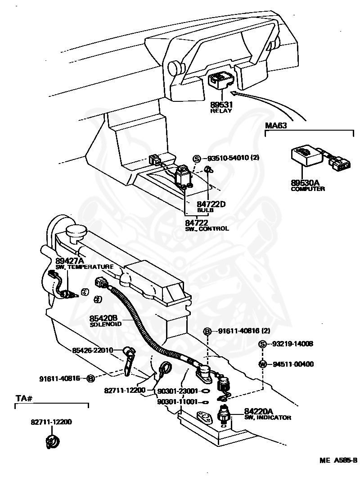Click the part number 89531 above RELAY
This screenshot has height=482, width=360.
click(x=221, y=105)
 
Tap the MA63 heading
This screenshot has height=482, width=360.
click(x=276, y=125)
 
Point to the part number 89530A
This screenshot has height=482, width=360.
click(x=305, y=183)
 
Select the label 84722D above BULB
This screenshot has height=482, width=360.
click(x=211, y=204)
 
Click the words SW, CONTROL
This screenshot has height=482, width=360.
click(x=207, y=229)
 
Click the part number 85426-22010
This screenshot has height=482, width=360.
click(x=93, y=350)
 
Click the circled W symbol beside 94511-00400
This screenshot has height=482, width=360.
click(x=263, y=364)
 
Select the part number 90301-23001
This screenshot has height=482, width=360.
click(x=178, y=391)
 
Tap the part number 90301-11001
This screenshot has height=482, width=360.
click(x=178, y=402)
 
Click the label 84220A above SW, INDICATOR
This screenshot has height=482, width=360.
click(x=258, y=411)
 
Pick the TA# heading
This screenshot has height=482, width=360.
click(x=24, y=399)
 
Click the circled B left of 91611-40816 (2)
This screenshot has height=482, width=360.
click(x=207, y=332)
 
